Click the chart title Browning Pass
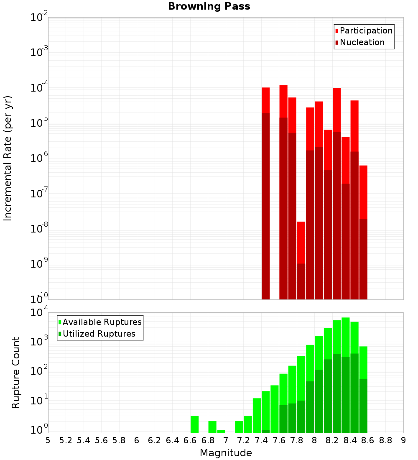click(x=209, y=6)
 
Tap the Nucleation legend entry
click(x=362, y=42)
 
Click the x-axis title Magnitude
click(x=226, y=453)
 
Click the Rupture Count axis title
click(x=16, y=373)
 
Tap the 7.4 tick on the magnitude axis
click(x=261, y=440)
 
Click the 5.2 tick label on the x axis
click(x=66, y=440)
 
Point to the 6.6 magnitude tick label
click(x=190, y=440)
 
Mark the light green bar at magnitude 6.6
click(x=194, y=424)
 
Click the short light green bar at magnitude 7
click(x=221, y=431)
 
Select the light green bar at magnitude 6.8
click(x=212, y=427)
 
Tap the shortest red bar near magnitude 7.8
click(x=301, y=243)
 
